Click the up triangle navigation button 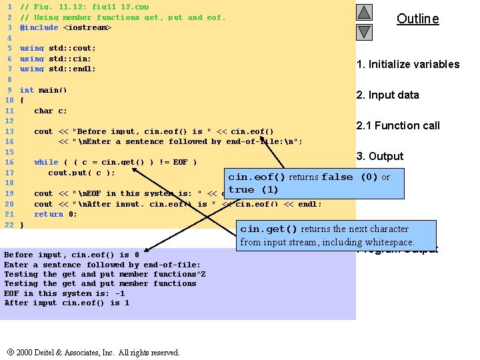tap(364, 12)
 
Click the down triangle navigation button tap(364, 31)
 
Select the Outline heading tap(418, 19)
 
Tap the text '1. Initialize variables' tap(408, 64)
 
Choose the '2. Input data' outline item tap(388, 95)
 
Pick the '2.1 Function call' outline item tap(398, 125)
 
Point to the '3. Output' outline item tap(380, 156)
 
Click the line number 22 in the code tap(9, 225)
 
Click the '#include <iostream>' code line tap(66, 28)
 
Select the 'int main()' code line tap(43, 90)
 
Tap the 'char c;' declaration tap(51, 111)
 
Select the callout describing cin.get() tap(337, 235)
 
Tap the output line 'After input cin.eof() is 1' tap(67, 303)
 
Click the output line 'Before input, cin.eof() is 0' tap(71, 255)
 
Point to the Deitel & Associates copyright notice tap(93, 352)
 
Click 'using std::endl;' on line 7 tap(58, 69)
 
